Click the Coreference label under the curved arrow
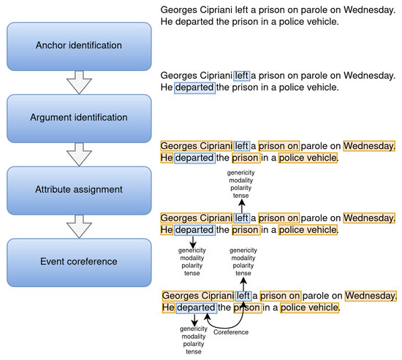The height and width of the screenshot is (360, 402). pos(231,332)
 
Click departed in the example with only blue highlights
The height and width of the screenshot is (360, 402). pos(194,88)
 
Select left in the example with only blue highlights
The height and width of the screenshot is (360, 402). pos(241,75)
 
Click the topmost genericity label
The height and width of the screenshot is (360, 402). pos(241,171)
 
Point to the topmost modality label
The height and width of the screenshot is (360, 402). pos(241,179)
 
